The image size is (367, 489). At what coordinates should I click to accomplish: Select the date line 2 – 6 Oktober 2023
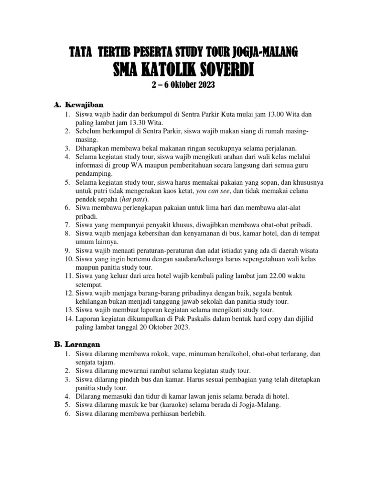tap(183, 86)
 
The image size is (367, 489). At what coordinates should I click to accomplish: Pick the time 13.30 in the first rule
tap(131, 123)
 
